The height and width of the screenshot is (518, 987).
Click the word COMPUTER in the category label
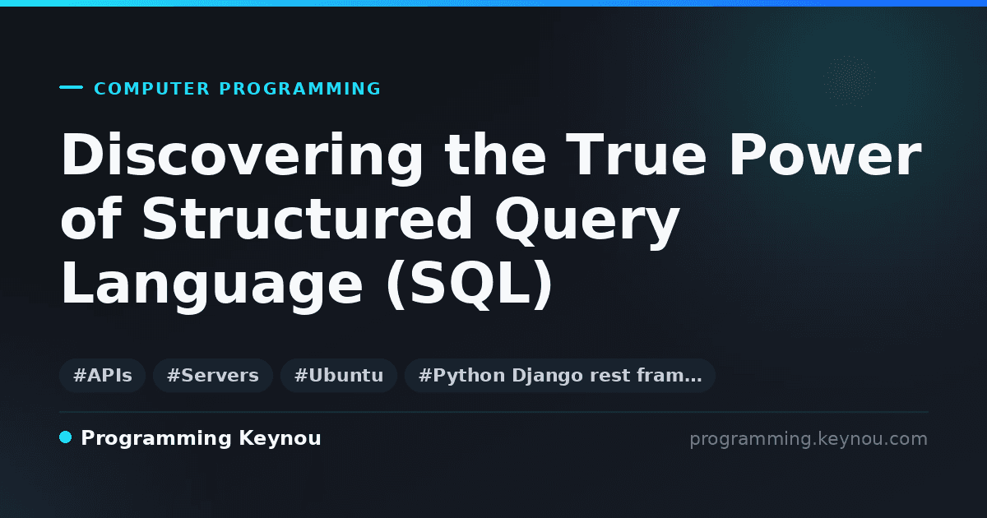point(151,89)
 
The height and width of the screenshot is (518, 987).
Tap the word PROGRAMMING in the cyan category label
point(299,89)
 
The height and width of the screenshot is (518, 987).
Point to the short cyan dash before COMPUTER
point(71,87)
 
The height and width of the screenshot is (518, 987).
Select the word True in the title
point(636,155)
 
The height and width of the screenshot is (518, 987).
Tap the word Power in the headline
point(825,155)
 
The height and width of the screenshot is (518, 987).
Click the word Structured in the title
point(307,219)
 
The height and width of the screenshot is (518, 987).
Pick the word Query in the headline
point(586,222)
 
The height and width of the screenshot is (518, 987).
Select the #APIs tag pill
point(102,376)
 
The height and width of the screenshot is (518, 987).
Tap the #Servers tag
point(213,376)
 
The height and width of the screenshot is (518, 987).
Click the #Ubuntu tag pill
point(339,376)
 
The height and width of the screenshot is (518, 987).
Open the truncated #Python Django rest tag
point(559,376)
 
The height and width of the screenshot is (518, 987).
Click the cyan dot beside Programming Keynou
point(65,437)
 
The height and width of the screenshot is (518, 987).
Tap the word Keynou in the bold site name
point(280,438)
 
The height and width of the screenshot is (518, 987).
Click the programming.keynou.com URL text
point(809,439)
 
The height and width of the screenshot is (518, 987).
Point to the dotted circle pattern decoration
point(849,81)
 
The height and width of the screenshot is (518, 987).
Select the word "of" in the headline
point(90,219)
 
